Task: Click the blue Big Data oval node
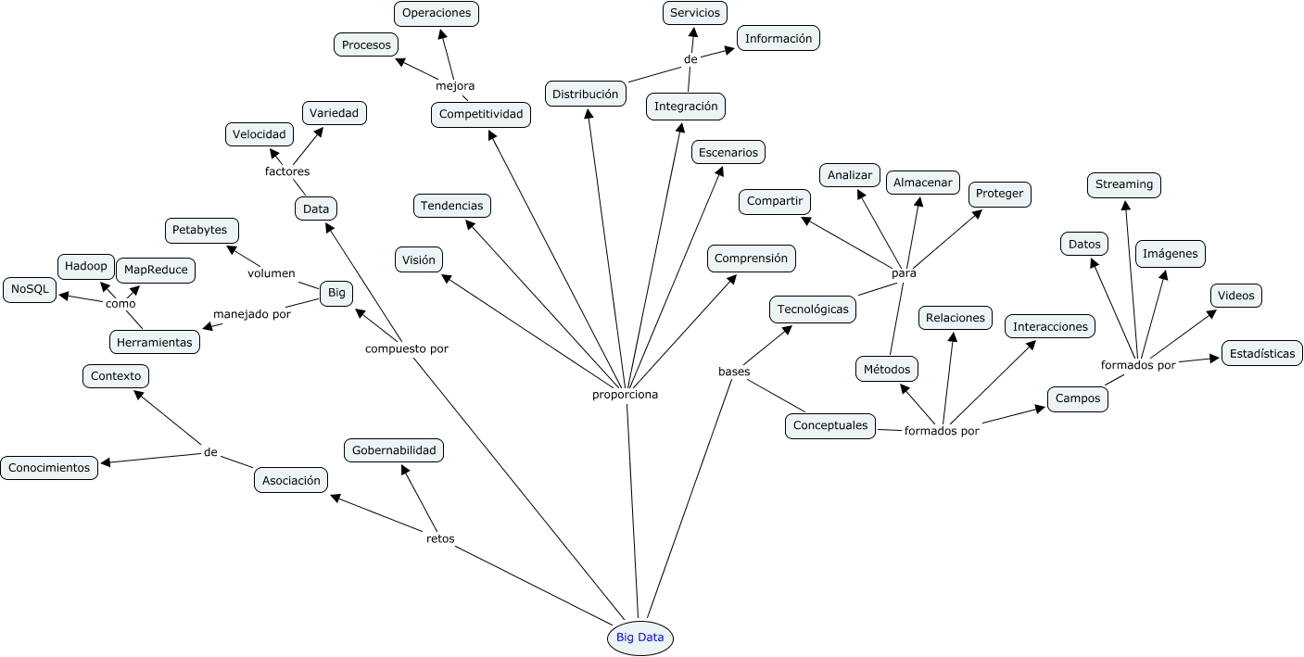point(639,638)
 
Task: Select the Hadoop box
point(86,267)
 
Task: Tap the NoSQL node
point(30,290)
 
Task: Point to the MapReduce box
point(156,270)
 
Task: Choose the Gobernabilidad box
point(393,450)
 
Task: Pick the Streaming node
point(1123,184)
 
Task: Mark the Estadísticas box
point(1261,353)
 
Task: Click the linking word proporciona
point(625,394)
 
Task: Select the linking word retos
point(440,538)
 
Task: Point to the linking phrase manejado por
point(252,313)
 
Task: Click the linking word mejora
point(455,85)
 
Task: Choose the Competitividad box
point(480,114)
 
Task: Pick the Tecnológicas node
point(812,310)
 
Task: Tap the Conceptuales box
point(830,425)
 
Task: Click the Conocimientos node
point(49,468)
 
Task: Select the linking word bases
point(734,372)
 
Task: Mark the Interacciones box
point(1049,326)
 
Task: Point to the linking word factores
point(287,171)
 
